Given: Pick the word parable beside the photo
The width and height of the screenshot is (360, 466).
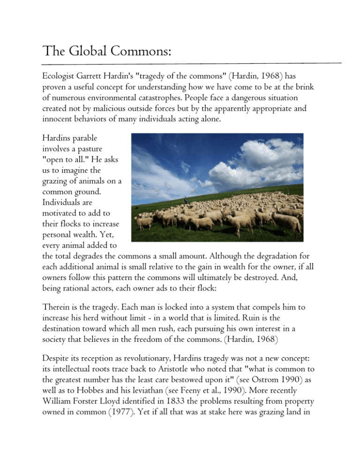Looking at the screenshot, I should [x=89, y=140].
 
